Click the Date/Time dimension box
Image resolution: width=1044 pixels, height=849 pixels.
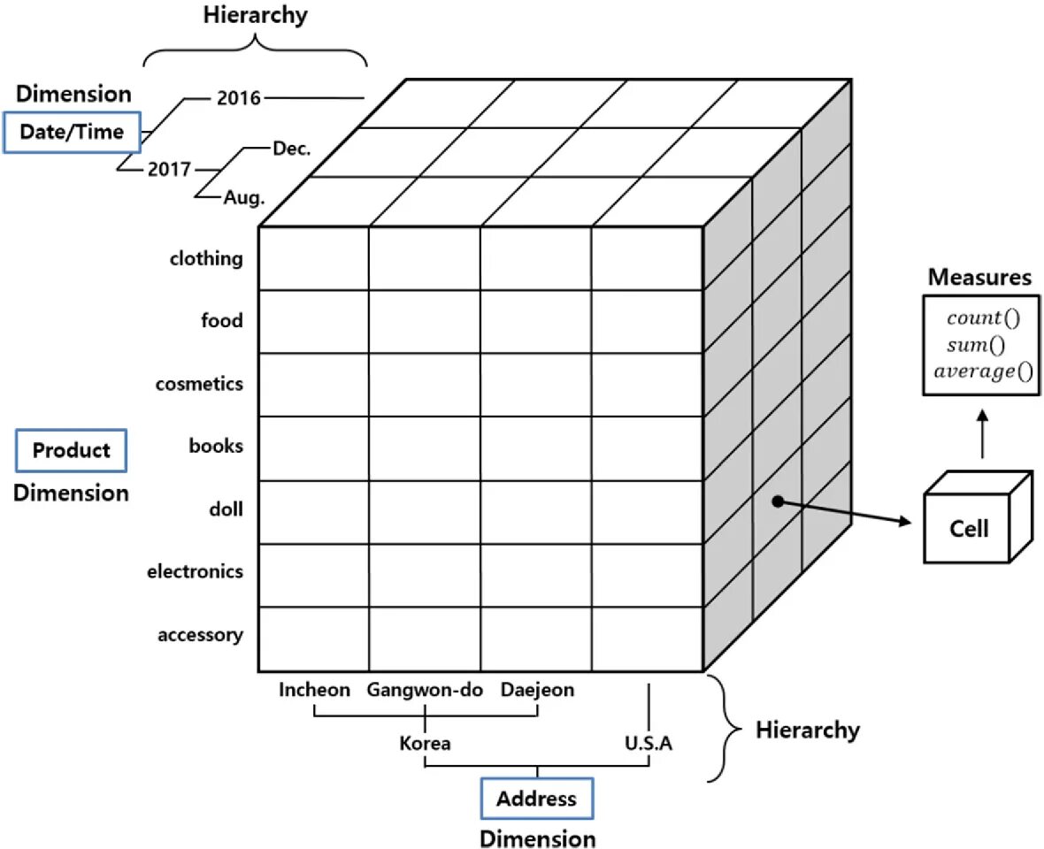click(x=72, y=133)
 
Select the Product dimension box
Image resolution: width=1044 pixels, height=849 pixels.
click(x=72, y=450)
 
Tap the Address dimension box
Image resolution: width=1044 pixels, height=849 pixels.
click(x=536, y=799)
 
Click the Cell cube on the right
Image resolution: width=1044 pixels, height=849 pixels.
click(x=969, y=528)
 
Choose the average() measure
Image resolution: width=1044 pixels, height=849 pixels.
click(x=983, y=371)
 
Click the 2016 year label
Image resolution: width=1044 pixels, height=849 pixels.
click(x=239, y=98)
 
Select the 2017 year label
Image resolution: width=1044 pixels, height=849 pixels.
click(x=169, y=169)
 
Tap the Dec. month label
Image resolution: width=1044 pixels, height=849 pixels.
click(x=291, y=149)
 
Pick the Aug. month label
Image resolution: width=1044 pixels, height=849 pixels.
click(x=243, y=198)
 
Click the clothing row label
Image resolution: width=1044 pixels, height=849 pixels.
click(x=206, y=258)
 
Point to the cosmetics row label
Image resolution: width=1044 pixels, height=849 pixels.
click(x=199, y=384)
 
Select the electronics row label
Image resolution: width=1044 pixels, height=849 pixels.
click(x=195, y=571)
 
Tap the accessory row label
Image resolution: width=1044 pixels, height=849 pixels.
click(x=200, y=635)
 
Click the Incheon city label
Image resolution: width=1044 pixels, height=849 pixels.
click(x=314, y=690)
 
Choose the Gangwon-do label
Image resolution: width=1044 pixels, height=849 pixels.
click(x=425, y=690)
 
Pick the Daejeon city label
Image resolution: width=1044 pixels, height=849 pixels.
click(x=537, y=690)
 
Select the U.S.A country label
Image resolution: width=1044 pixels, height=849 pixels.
click(x=649, y=743)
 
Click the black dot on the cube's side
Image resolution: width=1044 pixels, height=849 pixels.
click(x=777, y=501)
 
